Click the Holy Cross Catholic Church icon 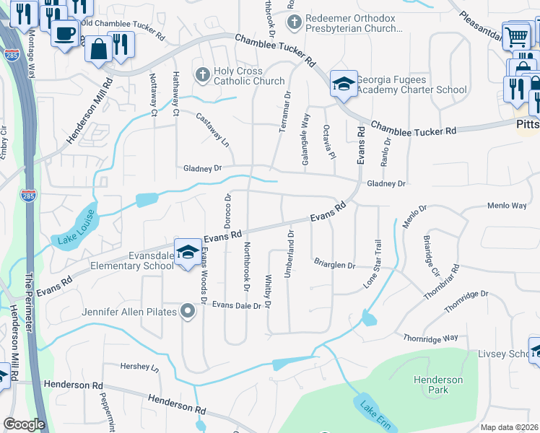coord(204,74)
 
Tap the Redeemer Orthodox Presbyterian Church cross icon coord(294,22)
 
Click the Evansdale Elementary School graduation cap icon coord(188,253)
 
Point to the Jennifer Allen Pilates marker coord(188,312)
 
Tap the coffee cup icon coord(65,32)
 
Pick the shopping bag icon coord(98,49)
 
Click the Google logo coord(24,424)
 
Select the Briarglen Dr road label coord(334,265)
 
